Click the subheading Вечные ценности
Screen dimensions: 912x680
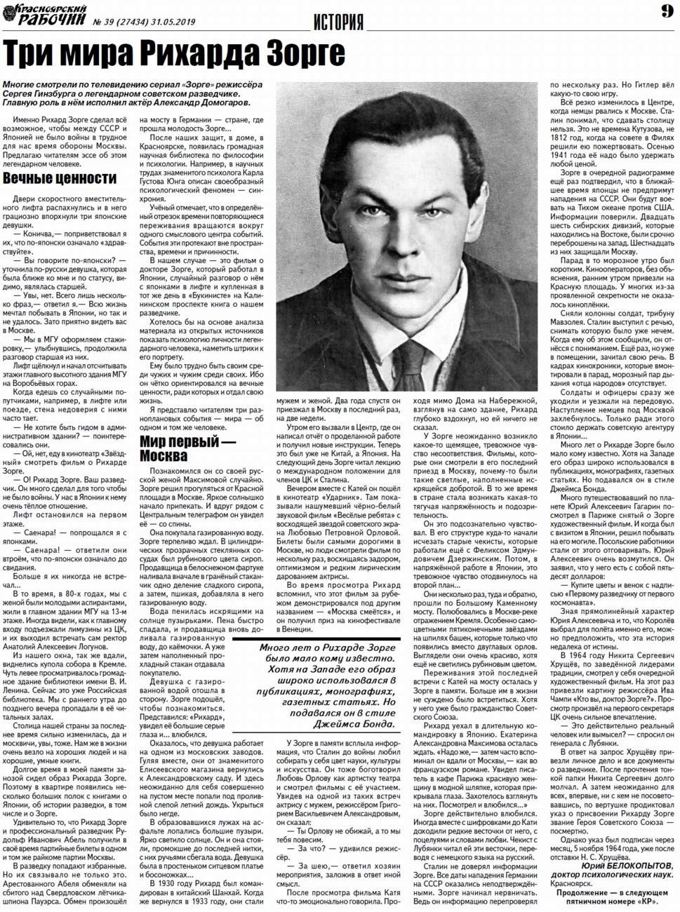(60, 178)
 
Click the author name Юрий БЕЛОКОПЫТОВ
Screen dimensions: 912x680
(627, 866)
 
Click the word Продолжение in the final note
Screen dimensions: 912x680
(580, 892)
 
